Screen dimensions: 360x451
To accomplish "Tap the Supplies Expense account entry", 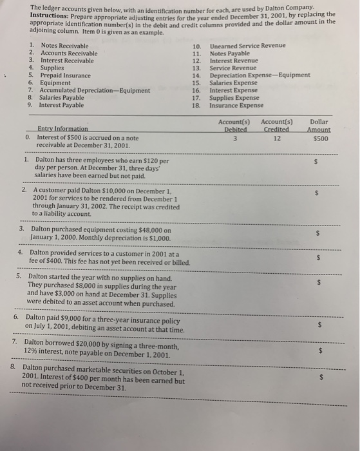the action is coord(234,97).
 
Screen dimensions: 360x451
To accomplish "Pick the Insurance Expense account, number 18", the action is coord(236,105).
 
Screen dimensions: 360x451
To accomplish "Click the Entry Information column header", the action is coord(63,129).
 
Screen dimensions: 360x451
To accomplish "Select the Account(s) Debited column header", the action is coord(234,125).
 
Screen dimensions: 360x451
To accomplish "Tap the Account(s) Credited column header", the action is coord(277,125).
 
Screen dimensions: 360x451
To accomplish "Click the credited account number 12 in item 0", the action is coord(278,137).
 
